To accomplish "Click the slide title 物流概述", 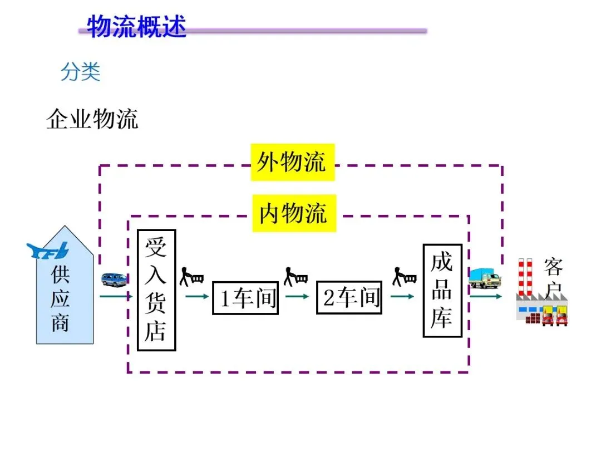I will click(x=136, y=26).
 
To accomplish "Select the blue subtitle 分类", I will click(x=81, y=72).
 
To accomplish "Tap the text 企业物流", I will click(x=92, y=119).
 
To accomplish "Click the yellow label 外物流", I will click(x=292, y=162).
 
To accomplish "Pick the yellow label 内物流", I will click(x=293, y=213).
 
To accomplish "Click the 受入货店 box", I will click(x=156, y=290).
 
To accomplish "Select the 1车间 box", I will click(x=245, y=298).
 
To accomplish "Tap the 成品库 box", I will click(x=442, y=291).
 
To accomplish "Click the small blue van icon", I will click(x=114, y=280).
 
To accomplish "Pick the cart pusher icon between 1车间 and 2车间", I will click(x=295, y=276).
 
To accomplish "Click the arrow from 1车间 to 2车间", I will click(x=297, y=296).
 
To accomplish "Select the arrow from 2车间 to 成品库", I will click(x=402, y=296).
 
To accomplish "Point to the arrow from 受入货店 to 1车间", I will click(x=196, y=296).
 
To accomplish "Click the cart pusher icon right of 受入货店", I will click(x=191, y=275).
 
